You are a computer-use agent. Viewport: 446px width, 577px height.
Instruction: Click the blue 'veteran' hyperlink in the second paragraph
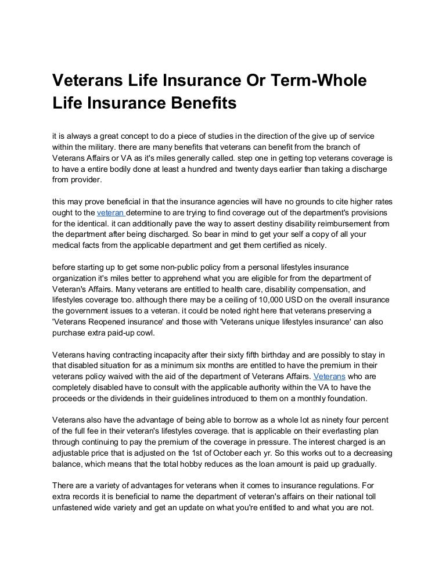(109, 213)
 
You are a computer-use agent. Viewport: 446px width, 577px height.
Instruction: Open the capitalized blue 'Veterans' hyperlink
(329, 377)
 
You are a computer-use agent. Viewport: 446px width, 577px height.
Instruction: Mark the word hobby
(218, 464)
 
